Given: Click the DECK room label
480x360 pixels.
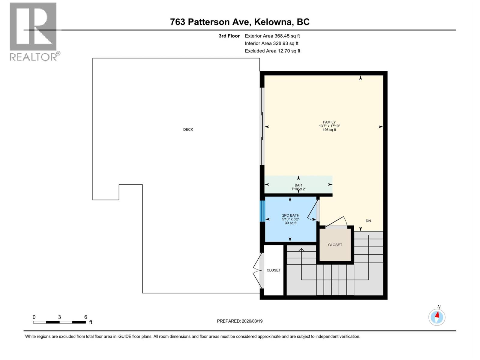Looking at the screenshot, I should (188, 130).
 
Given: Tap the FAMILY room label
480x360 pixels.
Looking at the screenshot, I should (329, 122).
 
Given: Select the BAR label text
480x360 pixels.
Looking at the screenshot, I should (298, 185).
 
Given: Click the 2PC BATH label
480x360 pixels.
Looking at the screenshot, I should (290, 215).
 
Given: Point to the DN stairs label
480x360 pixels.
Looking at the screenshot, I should (368, 221).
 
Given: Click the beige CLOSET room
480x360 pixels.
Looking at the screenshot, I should (335, 245).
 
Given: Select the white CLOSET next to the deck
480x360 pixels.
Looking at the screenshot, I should (274, 270).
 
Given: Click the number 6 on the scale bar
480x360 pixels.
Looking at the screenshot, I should (85, 317).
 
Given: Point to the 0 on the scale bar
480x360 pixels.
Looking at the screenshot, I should (34, 317).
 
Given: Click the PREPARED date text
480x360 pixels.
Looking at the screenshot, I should (240, 321).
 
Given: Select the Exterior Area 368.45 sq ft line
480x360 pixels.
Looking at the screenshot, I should (272, 36).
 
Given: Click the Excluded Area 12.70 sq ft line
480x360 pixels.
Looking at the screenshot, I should (272, 51).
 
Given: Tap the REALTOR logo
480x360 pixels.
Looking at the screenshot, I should (34, 31).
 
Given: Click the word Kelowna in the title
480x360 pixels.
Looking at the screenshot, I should (273, 22).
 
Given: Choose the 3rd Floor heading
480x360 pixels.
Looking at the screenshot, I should (229, 36).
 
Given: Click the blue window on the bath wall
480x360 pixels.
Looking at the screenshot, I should (262, 211).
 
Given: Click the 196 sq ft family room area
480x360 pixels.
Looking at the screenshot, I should (329, 130).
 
